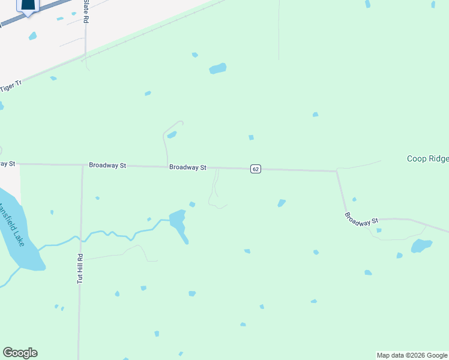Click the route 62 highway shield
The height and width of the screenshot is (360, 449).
pos(256,169)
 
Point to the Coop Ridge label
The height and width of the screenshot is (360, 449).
pos(427,159)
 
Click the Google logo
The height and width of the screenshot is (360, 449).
pos(20,353)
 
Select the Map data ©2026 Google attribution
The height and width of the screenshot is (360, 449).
pos(412,355)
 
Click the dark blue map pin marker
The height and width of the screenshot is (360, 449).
pos(28,5)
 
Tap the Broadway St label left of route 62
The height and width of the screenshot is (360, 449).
pos(188,167)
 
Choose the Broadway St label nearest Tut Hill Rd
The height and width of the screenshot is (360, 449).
pos(107,165)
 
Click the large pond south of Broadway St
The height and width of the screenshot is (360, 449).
pos(179,221)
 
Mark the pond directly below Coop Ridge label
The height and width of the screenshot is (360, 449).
pos(421,245)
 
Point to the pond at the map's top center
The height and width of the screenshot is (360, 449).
pos(218,68)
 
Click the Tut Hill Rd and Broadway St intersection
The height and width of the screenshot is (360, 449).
pos(82,165)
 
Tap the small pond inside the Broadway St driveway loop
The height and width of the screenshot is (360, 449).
pos(172,134)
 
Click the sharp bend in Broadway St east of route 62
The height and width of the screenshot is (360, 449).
pos(337,172)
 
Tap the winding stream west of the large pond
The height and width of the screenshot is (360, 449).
pos(114,233)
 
